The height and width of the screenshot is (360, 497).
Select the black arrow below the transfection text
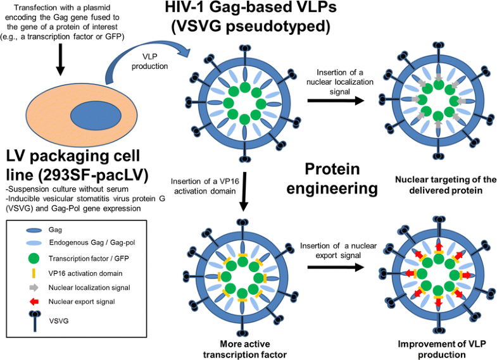click(61, 63)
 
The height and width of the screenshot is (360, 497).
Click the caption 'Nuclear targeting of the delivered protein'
click(437, 184)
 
